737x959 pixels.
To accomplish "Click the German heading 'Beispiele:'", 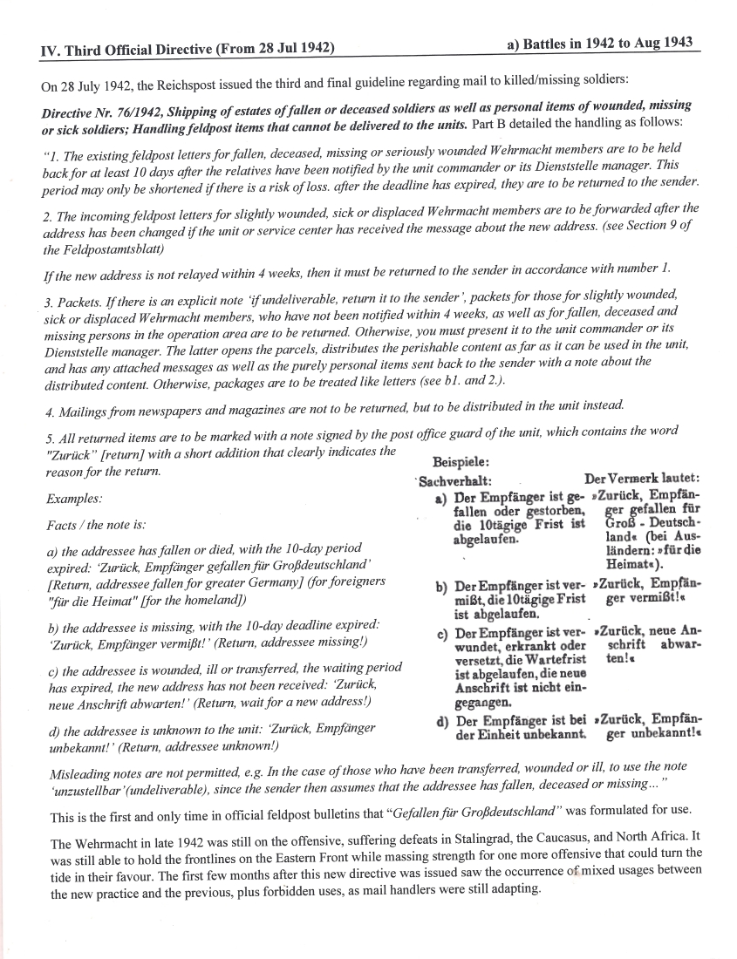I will (x=461, y=462).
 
